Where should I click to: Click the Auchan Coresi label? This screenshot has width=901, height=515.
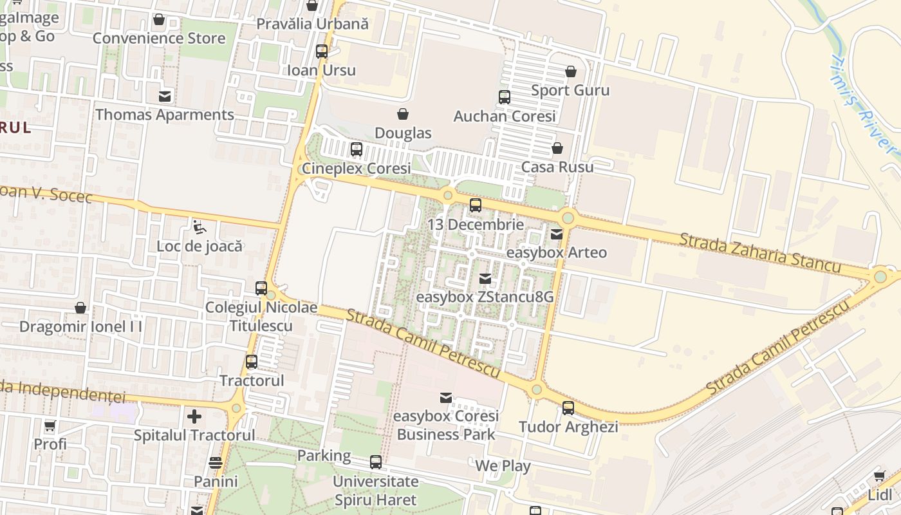pyautogui.click(x=505, y=117)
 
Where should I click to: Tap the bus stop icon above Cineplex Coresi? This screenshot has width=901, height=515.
pyautogui.click(x=357, y=149)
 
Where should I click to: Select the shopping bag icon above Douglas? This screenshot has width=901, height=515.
pyautogui.click(x=403, y=114)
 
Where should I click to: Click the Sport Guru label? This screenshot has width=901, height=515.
pyautogui.click(x=570, y=90)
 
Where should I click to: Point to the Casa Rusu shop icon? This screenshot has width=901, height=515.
pyautogui.click(x=557, y=148)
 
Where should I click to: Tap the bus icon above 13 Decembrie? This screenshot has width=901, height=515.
pyautogui.click(x=476, y=205)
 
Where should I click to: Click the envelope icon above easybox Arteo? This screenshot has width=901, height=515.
pyautogui.click(x=557, y=234)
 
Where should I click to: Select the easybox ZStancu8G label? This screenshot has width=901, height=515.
pyautogui.click(x=485, y=297)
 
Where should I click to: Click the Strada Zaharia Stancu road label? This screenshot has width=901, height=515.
pyautogui.click(x=760, y=252)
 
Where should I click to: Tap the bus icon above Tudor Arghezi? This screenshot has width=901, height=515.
pyautogui.click(x=568, y=407)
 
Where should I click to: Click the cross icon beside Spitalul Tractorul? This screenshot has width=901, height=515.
pyautogui.click(x=194, y=417)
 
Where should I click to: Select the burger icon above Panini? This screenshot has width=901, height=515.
pyautogui.click(x=216, y=463)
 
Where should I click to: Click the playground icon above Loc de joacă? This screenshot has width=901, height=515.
pyautogui.click(x=200, y=227)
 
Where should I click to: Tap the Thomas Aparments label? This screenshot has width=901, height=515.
pyautogui.click(x=165, y=115)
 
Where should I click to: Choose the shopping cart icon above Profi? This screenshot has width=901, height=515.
pyautogui.click(x=50, y=426)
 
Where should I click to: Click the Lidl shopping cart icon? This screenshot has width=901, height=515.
pyautogui.click(x=880, y=476)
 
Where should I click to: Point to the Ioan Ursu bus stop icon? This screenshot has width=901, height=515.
pyautogui.click(x=322, y=51)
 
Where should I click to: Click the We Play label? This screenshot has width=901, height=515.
pyautogui.click(x=503, y=466)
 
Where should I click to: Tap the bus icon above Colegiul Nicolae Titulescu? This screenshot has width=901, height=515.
pyautogui.click(x=261, y=288)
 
